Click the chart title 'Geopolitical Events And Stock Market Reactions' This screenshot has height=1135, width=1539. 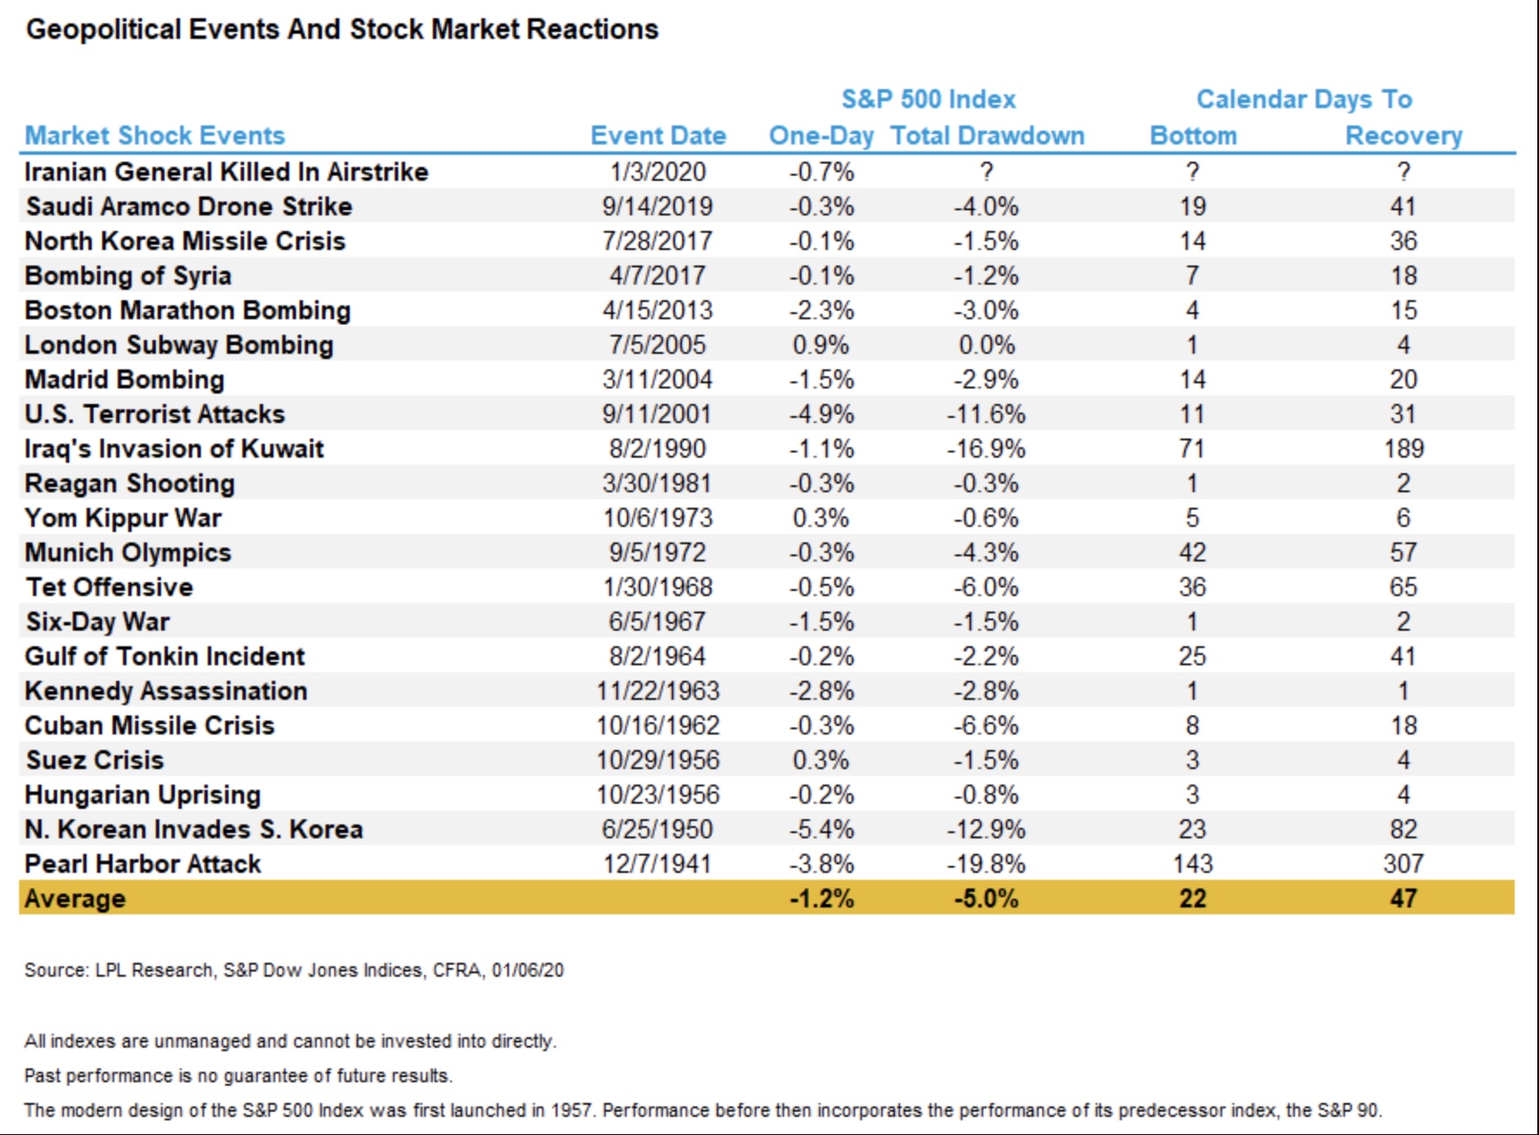point(342,29)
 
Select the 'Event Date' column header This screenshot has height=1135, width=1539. point(658,136)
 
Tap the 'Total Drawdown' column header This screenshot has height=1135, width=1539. point(987,136)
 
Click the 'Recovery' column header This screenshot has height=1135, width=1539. point(1403,136)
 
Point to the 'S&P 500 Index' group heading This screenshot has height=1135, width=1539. point(929,99)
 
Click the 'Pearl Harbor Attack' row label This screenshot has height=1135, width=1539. point(143,864)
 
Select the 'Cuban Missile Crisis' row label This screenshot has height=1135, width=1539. point(150,726)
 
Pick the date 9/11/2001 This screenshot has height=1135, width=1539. point(657,414)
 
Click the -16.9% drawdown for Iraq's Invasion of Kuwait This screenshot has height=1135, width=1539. point(986,449)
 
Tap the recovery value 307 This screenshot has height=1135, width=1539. point(1403,864)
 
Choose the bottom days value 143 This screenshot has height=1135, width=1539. point(1192,864)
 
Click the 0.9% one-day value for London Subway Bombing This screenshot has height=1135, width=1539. point(821,345)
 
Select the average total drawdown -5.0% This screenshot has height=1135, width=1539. point(986,899)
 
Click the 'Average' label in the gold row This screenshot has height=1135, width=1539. point(75,899)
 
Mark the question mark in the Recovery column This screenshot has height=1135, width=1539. point(1403,172)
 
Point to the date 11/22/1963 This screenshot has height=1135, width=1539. point(657,691)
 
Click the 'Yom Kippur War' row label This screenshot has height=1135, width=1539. point(123,518)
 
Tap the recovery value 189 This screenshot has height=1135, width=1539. point(1403,449)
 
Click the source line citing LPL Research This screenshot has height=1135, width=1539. point(293,971)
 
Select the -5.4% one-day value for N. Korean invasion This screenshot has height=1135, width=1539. point(821,830)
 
